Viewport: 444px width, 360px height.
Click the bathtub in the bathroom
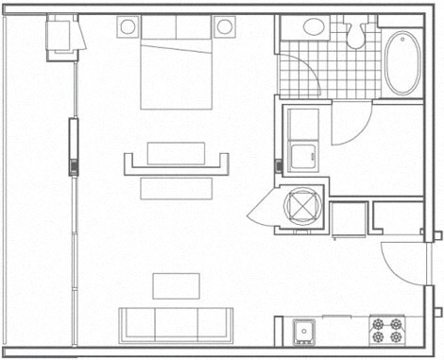click(403, 63)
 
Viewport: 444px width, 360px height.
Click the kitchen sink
click(304, 331)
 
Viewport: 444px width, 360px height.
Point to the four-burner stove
click(386, 331)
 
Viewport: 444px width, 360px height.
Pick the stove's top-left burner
click(379, 323)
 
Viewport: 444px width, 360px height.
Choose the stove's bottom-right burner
click(395, 338)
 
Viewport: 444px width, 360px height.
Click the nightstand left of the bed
click(127, 26)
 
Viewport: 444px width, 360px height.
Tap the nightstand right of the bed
click(224, 26)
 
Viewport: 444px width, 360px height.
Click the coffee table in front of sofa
click(177, 285)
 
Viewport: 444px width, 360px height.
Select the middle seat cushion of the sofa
click(177, 324)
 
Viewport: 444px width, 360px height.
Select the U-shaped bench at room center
click(177, 163)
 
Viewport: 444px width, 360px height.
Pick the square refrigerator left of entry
click(348, 220)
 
